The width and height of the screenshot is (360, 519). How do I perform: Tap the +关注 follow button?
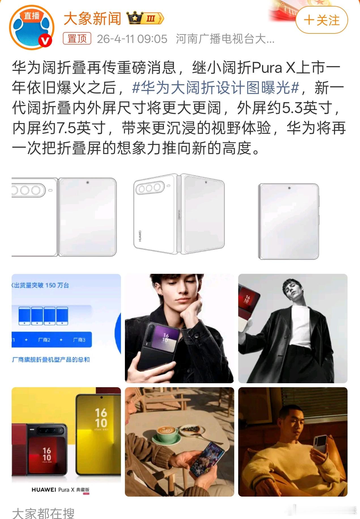point(321,20)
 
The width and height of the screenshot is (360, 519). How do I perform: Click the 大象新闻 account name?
point(92,19)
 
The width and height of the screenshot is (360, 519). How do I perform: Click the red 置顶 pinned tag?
point(77,39)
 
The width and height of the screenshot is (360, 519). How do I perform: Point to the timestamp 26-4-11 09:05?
point(132,39)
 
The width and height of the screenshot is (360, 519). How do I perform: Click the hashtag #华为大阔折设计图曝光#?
point(216,88)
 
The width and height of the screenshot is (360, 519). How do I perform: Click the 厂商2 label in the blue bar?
point(44,340)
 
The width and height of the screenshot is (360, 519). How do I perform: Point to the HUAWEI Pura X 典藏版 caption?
point(60,490)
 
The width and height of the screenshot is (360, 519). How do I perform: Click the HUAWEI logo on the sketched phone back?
point(140,236)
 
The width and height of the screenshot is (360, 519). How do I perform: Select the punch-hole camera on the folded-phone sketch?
point(289,188)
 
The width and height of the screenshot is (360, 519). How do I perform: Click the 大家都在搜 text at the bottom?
point(43,513)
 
